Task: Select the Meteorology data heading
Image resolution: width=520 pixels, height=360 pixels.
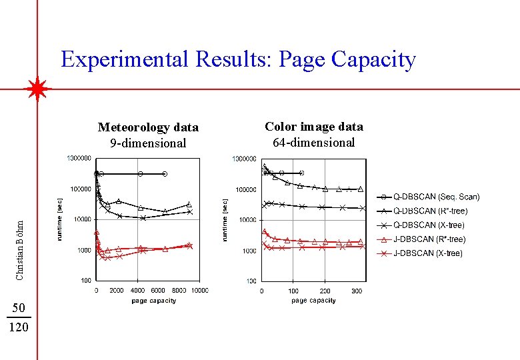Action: (x=148, y=127)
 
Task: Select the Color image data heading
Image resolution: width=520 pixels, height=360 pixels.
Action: (x=314, y=126)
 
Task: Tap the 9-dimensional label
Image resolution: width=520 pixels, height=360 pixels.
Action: (x=148, y=143)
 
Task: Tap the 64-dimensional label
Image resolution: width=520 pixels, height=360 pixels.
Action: (x=314, y=142)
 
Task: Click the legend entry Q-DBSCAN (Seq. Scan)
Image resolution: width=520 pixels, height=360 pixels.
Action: (x=436, y=197)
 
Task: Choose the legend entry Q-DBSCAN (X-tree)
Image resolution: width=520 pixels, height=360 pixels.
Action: (x=429, y=225)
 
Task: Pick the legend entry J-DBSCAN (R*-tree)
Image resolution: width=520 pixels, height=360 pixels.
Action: (x=429, y=239)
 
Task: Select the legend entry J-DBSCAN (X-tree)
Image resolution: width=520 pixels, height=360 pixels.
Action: (x=427, y=253)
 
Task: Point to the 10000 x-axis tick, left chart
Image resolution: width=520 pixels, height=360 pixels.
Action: (x=199, y=291)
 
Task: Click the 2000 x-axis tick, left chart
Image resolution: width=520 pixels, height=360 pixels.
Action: (x=117, y=291)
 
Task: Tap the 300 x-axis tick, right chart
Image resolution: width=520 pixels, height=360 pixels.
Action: (x=357, y=291)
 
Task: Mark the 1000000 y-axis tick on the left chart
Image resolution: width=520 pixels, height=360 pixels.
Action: (x=79, y=159)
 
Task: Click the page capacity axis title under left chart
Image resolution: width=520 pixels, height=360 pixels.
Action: (x=154, y=301)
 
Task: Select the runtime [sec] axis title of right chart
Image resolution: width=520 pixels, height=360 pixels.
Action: (x=225, y=219)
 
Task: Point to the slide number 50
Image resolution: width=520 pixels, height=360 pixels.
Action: (x=19, y=307)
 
